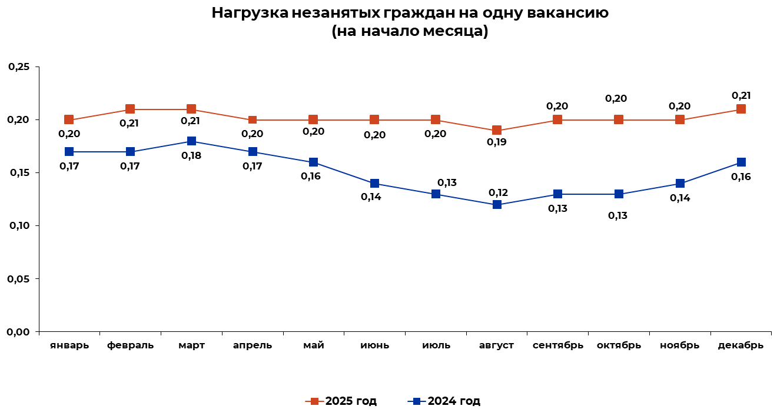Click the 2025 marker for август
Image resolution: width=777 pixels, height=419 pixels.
tap(497, 130)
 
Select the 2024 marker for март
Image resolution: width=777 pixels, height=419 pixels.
tap(191, 141)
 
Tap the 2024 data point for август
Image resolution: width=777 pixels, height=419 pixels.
tap(497, 205)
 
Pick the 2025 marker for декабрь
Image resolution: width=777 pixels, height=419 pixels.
tap(741, 109)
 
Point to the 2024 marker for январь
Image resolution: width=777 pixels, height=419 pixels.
tap(69, 152)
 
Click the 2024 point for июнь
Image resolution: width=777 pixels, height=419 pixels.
tap(374, 184)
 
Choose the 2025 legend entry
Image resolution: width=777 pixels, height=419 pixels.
tap(342, 401)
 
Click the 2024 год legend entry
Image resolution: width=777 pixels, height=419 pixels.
tap(445, 401)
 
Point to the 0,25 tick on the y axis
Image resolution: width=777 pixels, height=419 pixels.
tap(18, 67)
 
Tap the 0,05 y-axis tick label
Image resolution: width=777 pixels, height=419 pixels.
tap(18, 279)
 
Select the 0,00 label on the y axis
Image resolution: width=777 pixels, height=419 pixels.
tap(18, 332)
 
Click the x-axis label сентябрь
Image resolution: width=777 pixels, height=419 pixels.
tap(557, 345)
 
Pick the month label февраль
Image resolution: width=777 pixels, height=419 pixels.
tap(130, 345)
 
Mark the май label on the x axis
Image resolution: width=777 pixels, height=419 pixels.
tap(313, 345)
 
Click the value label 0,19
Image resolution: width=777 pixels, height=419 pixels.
tap(496, 142)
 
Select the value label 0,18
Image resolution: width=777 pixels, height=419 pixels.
tap(191, 155)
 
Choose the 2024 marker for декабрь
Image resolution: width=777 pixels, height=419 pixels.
tap(741, 162)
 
